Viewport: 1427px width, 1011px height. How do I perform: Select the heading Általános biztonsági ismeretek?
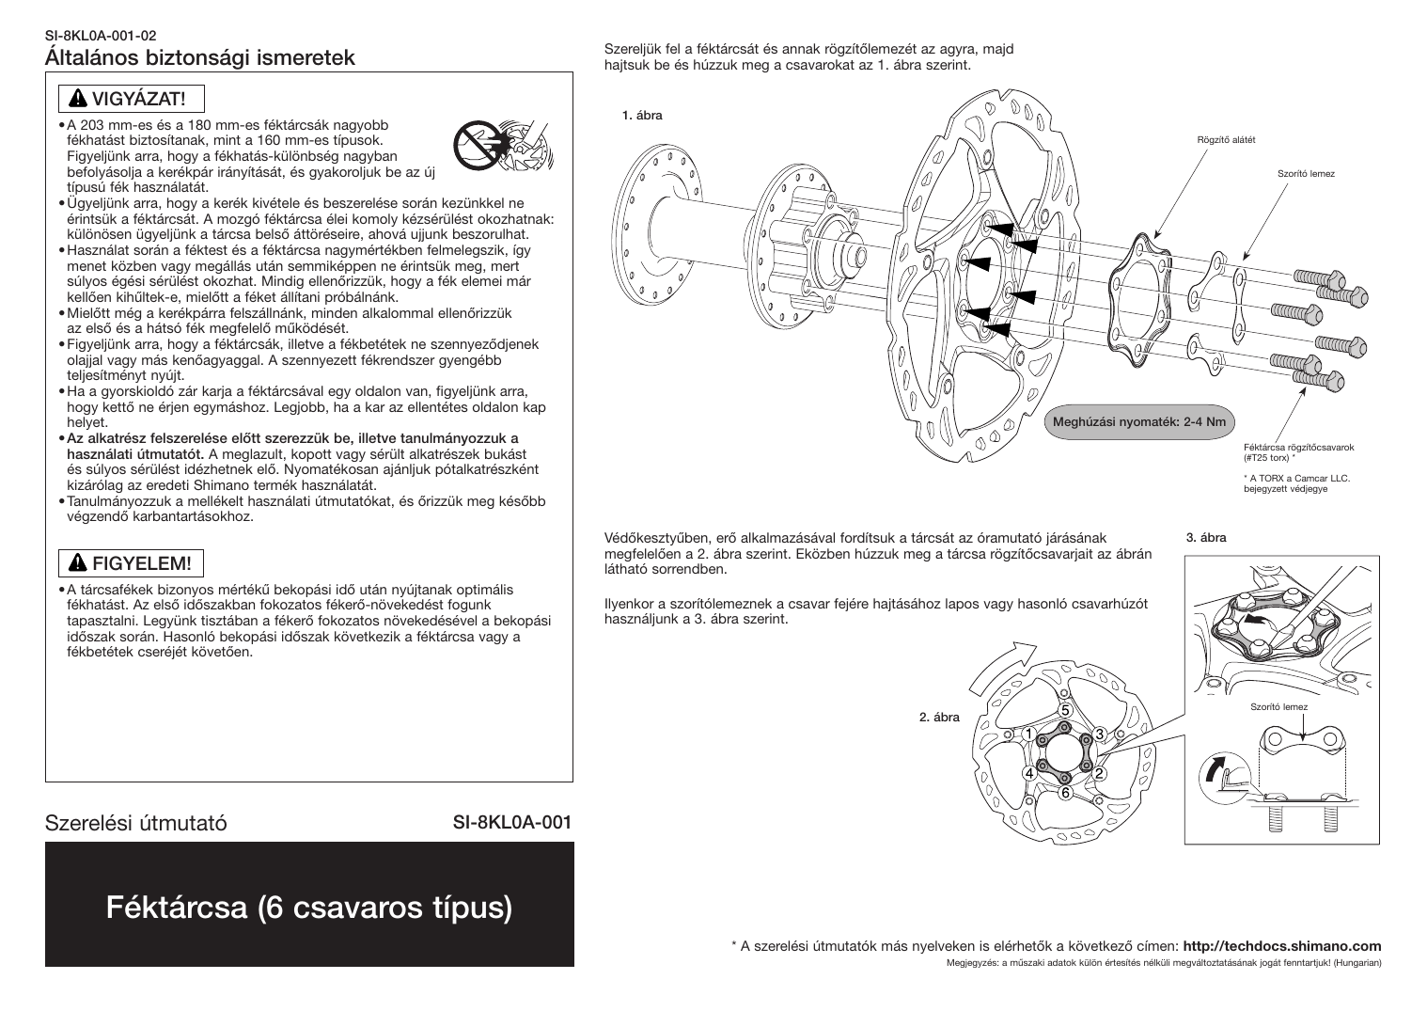click(200, 57)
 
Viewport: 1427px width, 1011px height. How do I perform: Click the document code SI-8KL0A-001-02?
click(102, 37)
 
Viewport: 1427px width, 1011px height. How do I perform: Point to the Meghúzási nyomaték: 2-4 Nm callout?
click(1138, 422)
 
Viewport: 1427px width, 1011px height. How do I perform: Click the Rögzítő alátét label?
click(1225, 140)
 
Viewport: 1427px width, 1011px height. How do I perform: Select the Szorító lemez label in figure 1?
click(1306, 174)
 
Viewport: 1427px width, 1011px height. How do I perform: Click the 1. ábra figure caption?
click(642, 116)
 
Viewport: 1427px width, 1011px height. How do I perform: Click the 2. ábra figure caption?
click(939, 718)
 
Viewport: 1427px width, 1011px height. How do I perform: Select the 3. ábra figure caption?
click(1206, 538)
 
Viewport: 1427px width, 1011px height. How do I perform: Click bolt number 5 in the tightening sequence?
click(1065, 709)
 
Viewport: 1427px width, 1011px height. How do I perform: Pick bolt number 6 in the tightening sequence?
click(1065, 793)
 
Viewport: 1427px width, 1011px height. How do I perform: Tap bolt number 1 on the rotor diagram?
click(1029, 734)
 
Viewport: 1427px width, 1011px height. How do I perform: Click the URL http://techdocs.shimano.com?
click(1281, 946)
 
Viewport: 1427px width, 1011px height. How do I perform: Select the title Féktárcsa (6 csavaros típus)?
click(309, 908)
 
